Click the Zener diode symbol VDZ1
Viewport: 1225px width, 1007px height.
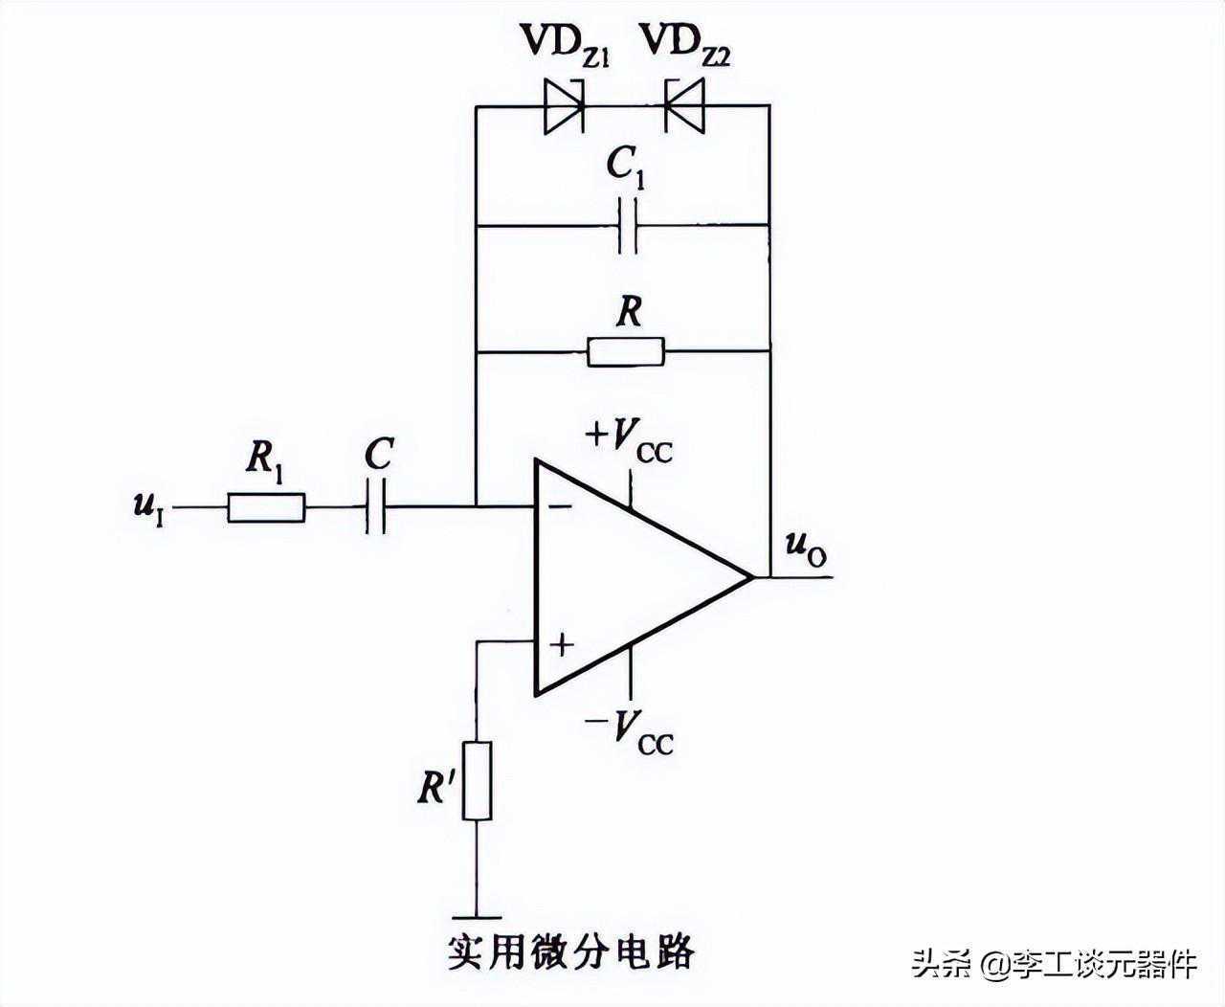coord(564,105)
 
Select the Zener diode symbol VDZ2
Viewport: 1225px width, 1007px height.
coord(684,105)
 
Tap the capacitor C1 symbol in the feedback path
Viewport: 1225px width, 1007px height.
coord(627,226)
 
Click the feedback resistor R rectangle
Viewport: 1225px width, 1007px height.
coord(626,351)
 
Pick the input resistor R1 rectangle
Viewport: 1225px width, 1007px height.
coord(266,507)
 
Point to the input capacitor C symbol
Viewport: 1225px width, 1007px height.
coord(376,507)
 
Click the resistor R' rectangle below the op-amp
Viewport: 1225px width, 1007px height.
coord(478,780)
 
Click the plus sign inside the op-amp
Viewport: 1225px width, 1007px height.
coord(561,645)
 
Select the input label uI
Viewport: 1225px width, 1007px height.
coord(148,504)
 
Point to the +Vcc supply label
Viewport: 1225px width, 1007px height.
coord(629,440)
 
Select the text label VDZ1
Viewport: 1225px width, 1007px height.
coord(565,43)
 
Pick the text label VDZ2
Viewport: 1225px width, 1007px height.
coord(684,43)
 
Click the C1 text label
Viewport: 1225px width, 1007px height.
coord(626,168)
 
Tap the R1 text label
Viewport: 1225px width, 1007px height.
coord(264,460)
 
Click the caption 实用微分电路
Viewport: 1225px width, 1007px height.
coord(570,952)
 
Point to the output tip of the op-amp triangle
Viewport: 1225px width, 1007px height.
coord(751,577)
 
